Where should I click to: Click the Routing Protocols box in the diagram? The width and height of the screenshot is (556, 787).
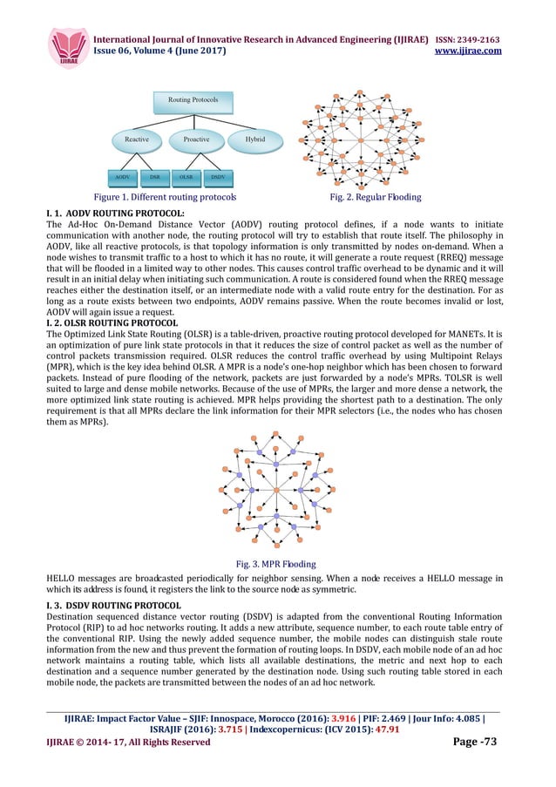[193, 100]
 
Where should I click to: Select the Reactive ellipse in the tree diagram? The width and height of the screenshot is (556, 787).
[137, 139]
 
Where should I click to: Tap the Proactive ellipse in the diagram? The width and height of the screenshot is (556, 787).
[196, 139]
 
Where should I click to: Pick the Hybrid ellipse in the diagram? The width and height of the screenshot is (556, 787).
[254, 139]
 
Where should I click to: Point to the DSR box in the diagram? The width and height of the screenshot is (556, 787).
[153, 177]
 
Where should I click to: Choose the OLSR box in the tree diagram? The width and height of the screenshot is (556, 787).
[186, 177]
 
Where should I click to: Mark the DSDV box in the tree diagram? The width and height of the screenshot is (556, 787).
[218, 177]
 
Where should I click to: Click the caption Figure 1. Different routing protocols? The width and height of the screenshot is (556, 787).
[165, 198]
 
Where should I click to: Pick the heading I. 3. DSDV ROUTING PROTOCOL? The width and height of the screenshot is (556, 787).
[113, 605]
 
